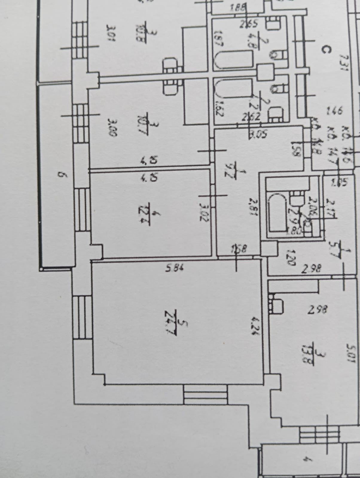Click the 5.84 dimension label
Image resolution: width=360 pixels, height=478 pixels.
click(174, 268)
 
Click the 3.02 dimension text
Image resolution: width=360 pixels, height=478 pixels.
click(203, 212)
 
